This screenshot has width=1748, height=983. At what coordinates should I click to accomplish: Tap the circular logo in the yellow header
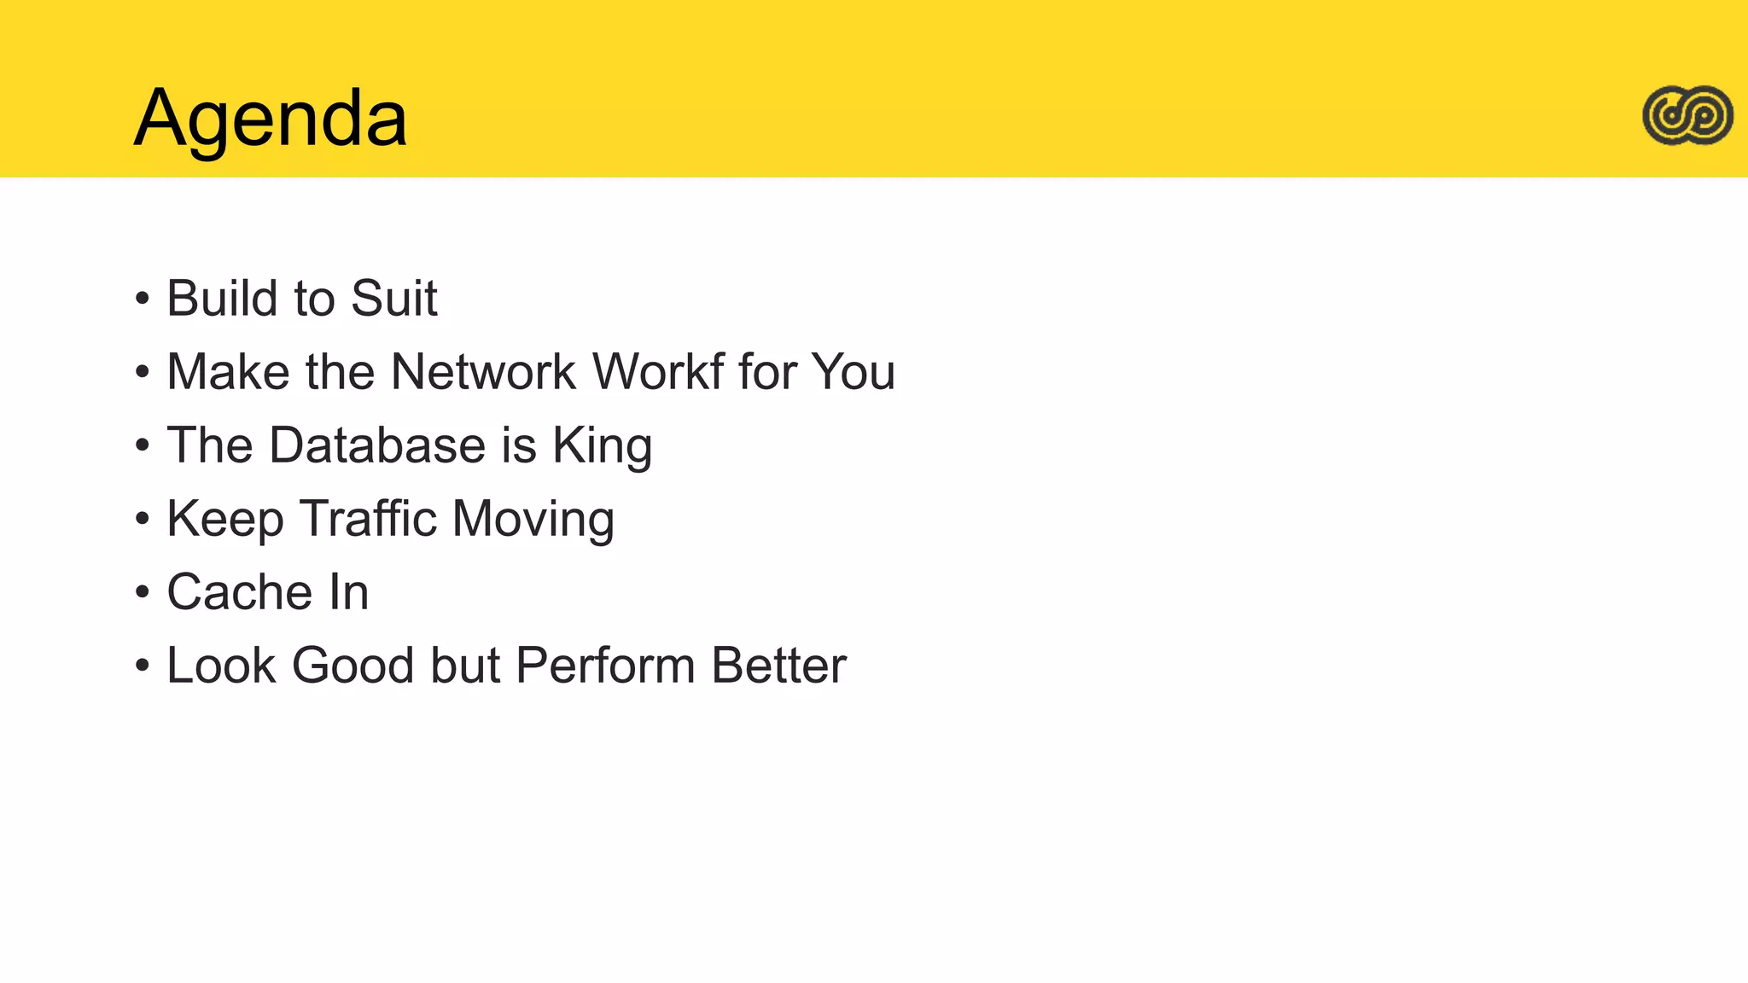click(x=1687, y=115)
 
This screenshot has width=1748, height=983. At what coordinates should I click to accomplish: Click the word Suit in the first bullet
click(x=393, y=299)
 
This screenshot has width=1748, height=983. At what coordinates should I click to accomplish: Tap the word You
click(x=853, y=372)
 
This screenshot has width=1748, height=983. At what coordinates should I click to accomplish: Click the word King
click(x=602, y=445)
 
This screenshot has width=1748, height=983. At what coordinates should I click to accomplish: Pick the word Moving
click(x=533, y=519)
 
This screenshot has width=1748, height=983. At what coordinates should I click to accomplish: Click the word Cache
click(x=240, y=592)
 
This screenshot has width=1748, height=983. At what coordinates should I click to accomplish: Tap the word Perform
click(x=605, y=666)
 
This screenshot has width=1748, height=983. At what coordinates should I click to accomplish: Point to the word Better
click(x=778, y=666)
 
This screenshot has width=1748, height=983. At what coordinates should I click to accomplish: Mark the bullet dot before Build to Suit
click(x=143, y=300)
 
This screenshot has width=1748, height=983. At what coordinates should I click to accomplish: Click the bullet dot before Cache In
click(x=143, y=593)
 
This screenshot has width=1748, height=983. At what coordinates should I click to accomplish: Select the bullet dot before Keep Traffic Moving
click(x=143, y=520)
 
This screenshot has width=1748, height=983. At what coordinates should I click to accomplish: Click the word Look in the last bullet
click(x=221, y=666)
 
